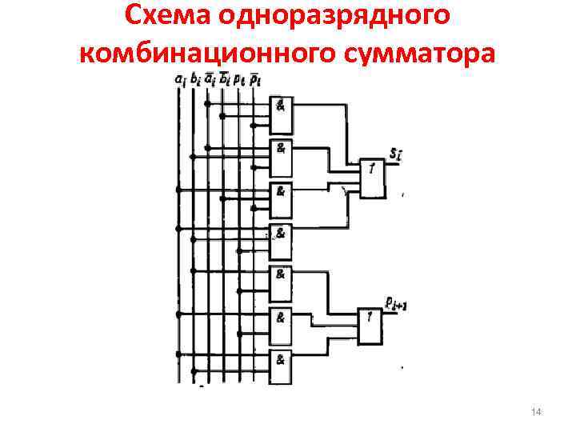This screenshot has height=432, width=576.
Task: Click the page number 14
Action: [536, 411]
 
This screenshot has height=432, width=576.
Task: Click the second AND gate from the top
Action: [282, 157]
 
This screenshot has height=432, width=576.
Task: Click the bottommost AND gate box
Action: [282, 364]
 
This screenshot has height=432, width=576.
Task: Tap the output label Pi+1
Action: [397, 303]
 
